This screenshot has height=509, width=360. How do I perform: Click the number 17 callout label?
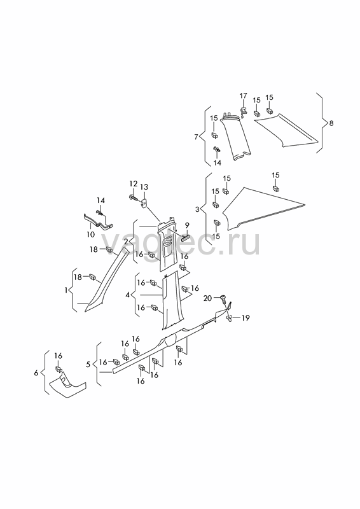243,96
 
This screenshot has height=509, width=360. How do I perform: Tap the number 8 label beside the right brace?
331,123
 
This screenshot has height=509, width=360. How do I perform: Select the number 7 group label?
196,137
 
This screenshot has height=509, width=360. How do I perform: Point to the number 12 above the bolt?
134,184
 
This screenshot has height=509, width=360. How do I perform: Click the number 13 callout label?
144,187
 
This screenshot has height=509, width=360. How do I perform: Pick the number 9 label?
186,225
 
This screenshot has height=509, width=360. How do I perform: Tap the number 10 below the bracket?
90,234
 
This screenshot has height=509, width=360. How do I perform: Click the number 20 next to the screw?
207,298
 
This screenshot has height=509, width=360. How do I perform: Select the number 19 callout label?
246,317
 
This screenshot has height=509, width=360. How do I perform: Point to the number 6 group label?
36,373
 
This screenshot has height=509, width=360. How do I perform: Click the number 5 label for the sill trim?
88,365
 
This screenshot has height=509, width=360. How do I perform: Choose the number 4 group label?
128,295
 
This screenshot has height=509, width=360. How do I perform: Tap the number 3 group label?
197,209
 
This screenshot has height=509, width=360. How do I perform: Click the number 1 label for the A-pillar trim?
66,290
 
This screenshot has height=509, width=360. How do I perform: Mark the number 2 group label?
126,241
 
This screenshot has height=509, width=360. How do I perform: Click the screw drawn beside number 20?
224,298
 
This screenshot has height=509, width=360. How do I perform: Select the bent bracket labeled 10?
97,221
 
